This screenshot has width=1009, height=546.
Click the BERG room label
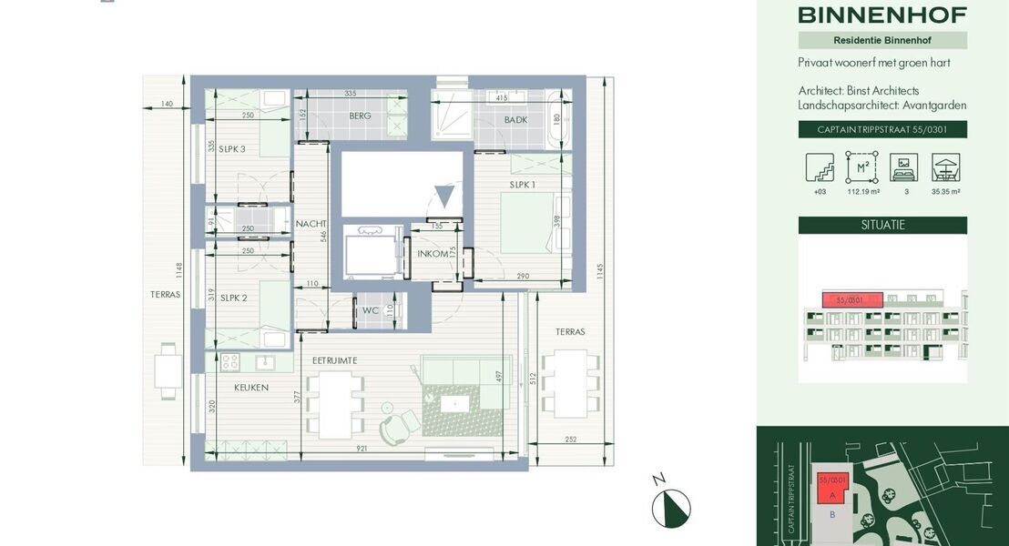(x=360, y=116)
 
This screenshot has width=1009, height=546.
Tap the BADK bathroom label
(x=515, y=120)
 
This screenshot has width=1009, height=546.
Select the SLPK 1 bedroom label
(x=522, y=185)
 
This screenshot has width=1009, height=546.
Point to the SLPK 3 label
(x=232, y=149)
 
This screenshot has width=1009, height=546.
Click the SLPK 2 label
(x=232, y=298)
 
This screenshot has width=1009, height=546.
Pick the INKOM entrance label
(x=433, y=254)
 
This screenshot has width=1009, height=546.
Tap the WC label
(x=370, y=311)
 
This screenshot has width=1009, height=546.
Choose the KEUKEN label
(x=251, y=388)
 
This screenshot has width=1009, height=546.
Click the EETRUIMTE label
(x=334, y=360)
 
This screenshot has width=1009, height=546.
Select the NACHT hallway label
(x=311, y=224)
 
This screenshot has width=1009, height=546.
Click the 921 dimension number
(x=362, y=449)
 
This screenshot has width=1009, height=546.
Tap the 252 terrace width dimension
(x=571, y=440)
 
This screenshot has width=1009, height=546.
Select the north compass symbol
(x=671, y=508)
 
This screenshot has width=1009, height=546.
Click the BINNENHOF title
(x=882, y=15)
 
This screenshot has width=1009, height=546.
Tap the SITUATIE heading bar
(x=882, y=225)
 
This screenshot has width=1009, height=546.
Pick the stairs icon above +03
(x=819, y=167)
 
